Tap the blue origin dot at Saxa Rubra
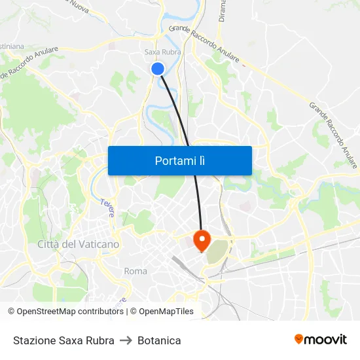pos(157,68)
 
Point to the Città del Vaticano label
pos(79,244)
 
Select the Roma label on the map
pos(135,271)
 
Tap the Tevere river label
pos(107,207)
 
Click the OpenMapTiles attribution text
pos(166,312)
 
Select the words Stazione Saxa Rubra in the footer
pos(63,340)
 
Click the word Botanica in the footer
pos(159,340)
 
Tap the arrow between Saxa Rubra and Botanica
pos(126,340)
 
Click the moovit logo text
pos(325,339)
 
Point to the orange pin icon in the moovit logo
pos(299,339)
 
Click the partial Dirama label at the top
pos(223,11)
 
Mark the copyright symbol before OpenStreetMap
pos(11,312)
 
